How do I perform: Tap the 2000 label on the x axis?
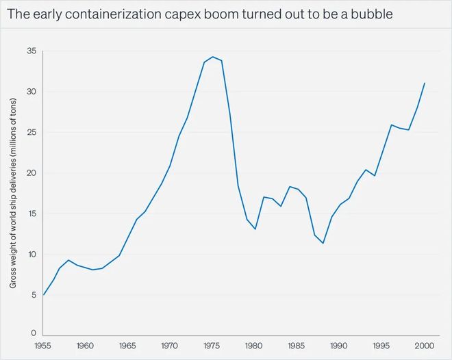(425, 346)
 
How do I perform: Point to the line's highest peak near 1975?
(213, 57)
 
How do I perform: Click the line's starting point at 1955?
(45, 294)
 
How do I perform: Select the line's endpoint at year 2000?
(425, 83)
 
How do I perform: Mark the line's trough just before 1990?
(323, 244)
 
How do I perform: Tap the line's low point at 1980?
(255, 229)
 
